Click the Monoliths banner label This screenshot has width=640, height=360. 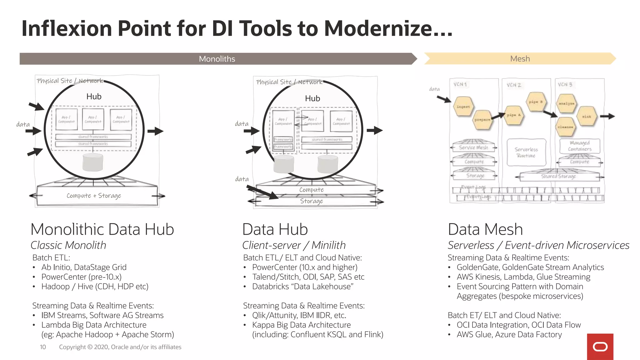pos(217,59)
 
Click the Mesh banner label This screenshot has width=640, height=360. pos(520,59)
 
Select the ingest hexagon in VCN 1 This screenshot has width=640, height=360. pos(463,107)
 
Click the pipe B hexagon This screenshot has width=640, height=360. pos(536,102)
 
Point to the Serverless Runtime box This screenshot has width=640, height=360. pos(526,152)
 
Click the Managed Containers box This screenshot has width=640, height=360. pos(580,146)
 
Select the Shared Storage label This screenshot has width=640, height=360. pos(558,176)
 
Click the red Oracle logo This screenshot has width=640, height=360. pos(600,347)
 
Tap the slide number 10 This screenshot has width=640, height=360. pos(43,347)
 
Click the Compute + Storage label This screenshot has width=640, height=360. pos(94,196)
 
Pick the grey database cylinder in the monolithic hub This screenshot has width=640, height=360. pos(93,162)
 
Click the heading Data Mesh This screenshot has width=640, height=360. pos(485,229)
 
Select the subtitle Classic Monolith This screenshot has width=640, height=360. pos(68,245)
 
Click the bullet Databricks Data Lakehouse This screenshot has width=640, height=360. pos(302,287)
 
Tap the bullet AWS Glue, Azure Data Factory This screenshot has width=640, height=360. pos(509,335)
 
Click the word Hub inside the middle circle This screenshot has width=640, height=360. pos(312,98)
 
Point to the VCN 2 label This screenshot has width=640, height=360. pos(514,85)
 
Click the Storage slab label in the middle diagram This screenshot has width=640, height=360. pos(312,201)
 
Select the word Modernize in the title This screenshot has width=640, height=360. pos(387,29)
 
